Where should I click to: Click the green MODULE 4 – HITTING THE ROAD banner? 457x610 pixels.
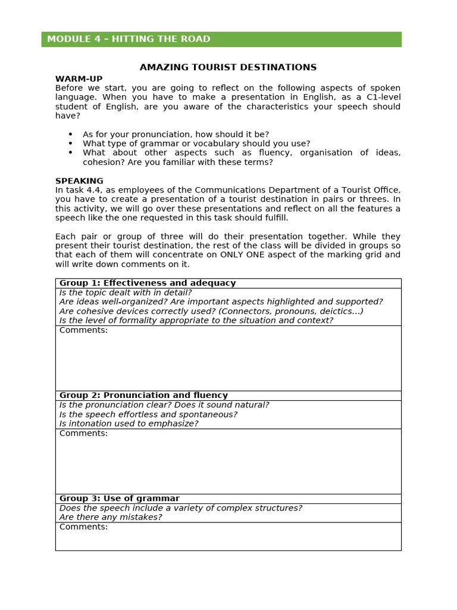point(221,39)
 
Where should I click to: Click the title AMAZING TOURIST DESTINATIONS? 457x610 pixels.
point(228,67)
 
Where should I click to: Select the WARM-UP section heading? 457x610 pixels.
point(79,79)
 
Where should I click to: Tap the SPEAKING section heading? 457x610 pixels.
point(79,181)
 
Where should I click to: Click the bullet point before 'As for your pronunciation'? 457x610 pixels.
point(71,135)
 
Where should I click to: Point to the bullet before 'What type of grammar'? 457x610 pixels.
point(71,144)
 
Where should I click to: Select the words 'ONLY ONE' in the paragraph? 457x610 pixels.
point(242,255)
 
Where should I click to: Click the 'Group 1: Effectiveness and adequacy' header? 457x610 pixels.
point(148,283)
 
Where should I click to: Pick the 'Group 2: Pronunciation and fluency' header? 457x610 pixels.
point(143,395)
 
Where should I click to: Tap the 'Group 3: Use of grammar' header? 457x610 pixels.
point(119,499)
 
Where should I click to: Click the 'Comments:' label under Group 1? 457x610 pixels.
point(83,330)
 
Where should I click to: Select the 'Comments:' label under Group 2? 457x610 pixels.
point(83,433)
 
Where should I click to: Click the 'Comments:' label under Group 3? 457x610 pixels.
point(83,527)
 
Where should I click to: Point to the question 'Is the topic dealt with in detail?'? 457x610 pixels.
point(126,292)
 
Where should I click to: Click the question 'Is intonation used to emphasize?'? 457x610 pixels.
point(129,424)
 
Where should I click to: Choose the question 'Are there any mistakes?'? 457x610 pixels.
point(111,517)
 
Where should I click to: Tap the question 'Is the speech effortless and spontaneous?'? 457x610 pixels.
point(148,414)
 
